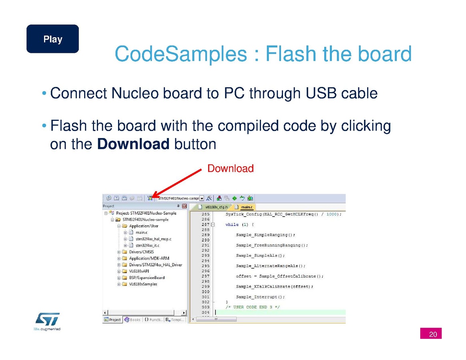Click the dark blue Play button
(52, 39)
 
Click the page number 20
(431, 334)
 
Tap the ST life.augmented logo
(47, 321)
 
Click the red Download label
(230, 168)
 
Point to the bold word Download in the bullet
(133, 144)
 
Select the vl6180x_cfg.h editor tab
(213, 207)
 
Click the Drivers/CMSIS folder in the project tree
(141, 252)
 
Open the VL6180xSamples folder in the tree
(143, 284)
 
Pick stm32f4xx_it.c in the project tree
(147, 245)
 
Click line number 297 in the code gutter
(205, 276)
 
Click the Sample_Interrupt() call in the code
(260, 297)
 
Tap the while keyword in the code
(232, 224)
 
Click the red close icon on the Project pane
(184, 206)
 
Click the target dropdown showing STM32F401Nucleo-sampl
(181, 198)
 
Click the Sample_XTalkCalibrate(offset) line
(275, 287)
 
